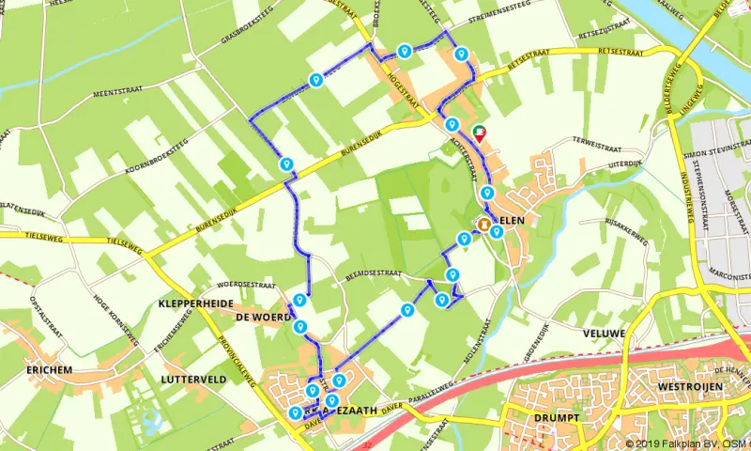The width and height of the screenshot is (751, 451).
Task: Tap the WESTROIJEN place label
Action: point(688,386)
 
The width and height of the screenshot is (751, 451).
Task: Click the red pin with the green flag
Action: point(481,133)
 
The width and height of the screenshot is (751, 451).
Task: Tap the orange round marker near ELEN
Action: point(483,225)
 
